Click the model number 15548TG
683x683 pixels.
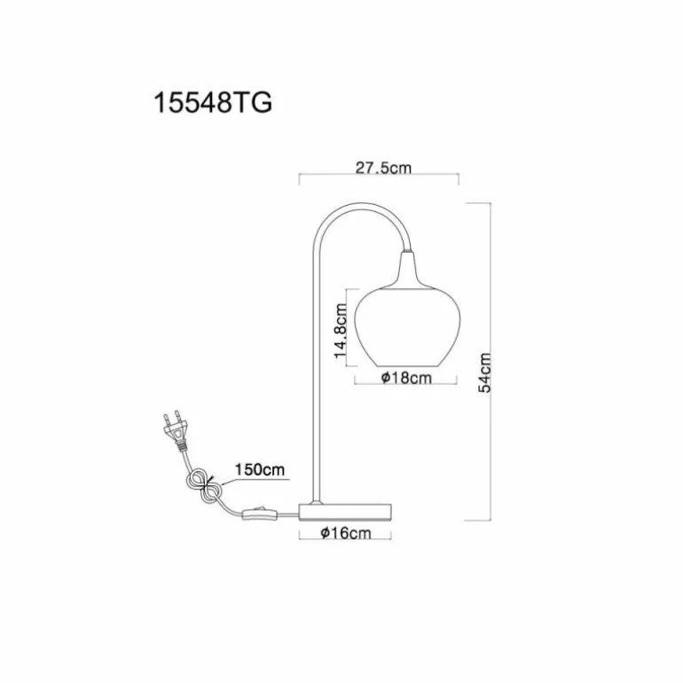(x=214, y=104)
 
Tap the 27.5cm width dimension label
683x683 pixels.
(x=383, y=168)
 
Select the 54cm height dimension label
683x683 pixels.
(x=484, y=373)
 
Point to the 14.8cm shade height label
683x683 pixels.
(x=341, y=330)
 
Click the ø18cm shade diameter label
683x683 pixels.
(x=406, y=378)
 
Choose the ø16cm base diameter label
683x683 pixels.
(x=346, y=533)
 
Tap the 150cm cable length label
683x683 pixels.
(x=260, y=469)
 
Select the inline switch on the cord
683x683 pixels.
(x=260, y=514)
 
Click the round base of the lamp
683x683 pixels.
(x=345, y=512)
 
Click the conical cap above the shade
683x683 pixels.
(x=408, y=271)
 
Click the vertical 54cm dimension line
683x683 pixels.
(x=491, y=362)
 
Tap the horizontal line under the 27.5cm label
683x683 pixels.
(x=379, y=174)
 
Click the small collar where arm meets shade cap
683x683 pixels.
(x=407, y=251)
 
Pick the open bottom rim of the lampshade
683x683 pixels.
(x=407, y=365)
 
